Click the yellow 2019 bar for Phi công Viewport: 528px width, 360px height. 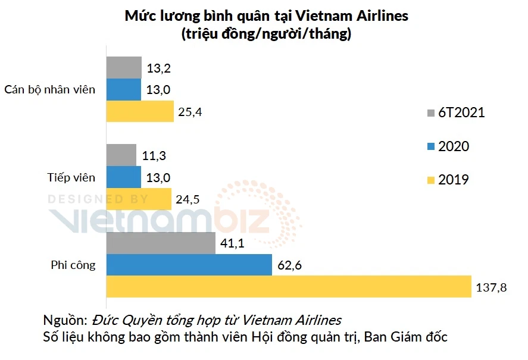[x=289, y=287]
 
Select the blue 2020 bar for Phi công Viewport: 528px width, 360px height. [x=188, y=265]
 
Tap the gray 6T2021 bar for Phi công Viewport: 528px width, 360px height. [x=161, y=243]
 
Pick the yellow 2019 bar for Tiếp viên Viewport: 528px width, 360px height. [x=139, y=199]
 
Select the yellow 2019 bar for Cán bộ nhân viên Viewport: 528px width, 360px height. [x=140, y=111]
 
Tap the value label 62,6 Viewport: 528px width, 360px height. [x=290, y=265]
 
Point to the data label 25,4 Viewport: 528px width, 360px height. [x=190, y=112]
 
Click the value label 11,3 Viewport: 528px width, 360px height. [x=153, y=156]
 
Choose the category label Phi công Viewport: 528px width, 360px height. [x=73, y=265]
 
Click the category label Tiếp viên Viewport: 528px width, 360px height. [x=71, y=177]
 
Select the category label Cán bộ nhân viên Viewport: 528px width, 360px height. [x=49, y=90]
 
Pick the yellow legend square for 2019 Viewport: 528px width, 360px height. [x=431, y=180]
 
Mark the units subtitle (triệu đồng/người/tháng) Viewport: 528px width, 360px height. [x=266, y=35]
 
